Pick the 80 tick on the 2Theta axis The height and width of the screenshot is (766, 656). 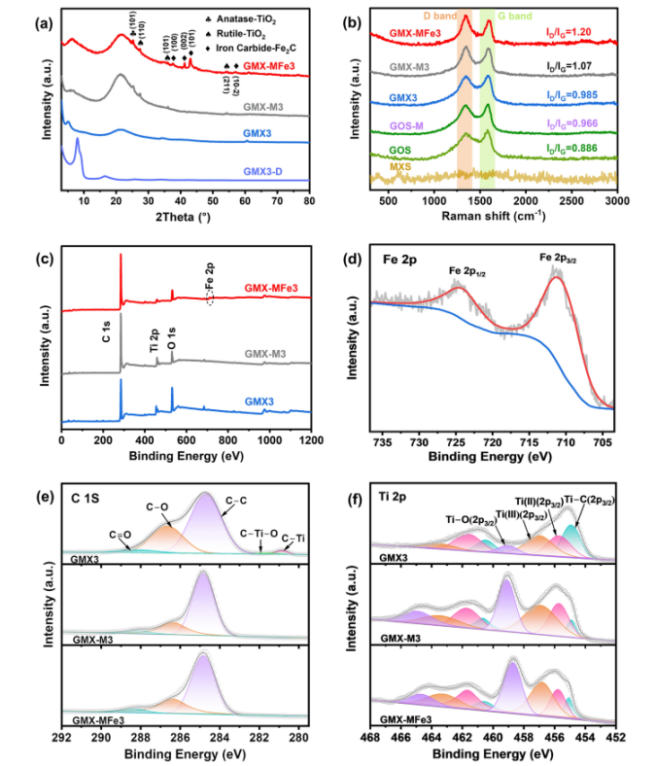[309, 214]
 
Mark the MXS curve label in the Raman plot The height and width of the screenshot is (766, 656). [401, 166]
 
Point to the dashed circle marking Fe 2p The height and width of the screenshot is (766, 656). [209, 299]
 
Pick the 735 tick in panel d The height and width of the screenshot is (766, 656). [382, 445]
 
